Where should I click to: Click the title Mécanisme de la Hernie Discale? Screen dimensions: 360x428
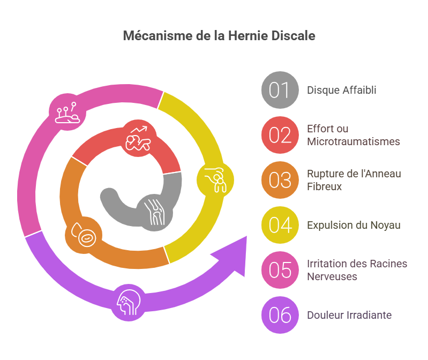219,36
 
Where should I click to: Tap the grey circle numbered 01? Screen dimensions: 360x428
280,90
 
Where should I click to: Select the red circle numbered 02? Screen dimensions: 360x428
280,135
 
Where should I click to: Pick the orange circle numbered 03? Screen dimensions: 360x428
280,180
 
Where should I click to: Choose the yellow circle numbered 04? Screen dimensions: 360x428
280,225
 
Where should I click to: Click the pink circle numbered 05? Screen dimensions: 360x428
280,270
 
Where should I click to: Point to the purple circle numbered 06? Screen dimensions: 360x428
280,315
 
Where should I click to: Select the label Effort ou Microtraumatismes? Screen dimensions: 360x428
354,135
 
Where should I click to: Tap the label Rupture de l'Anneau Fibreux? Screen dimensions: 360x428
354,180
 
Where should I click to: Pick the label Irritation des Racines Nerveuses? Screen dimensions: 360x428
357,270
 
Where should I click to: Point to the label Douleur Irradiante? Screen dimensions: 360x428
349,315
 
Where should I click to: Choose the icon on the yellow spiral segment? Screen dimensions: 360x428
216,179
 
